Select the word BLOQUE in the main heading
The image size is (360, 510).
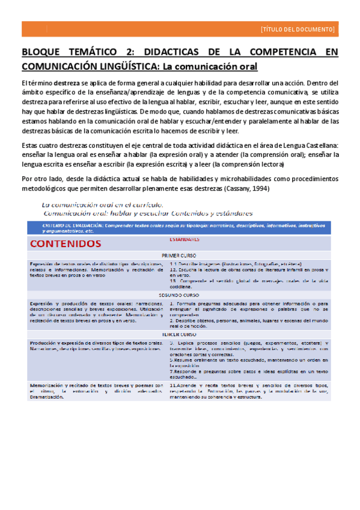point(40,53)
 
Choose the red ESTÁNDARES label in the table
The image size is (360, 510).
point(183,239)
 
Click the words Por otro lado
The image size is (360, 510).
point(41,179)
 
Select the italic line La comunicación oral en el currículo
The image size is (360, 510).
point(105,204)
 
